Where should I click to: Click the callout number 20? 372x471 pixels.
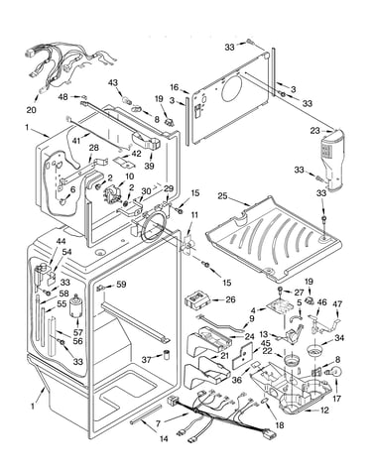(32, 109)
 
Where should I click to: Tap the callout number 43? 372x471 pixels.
(113, 82)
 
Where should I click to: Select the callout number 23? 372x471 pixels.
(315, 131)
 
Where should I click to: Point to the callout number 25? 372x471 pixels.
(222, 195)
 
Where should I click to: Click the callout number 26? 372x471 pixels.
(230, 299)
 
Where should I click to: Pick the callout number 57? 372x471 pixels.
(78, 332)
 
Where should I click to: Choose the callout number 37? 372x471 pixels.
(147, 359)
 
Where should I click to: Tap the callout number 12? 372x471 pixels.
(324, 411)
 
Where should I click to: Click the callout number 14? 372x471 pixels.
(164, 438)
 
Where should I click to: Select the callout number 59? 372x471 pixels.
(121, 284)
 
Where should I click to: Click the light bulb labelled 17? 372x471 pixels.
(335, 373)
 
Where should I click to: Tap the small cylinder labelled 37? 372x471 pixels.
(167, 355)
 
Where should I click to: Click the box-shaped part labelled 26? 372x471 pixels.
(197, 300)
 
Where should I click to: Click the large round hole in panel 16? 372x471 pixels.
(232, 88)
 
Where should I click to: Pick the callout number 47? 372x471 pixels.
(337, 303)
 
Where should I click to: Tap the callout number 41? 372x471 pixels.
(76, 140)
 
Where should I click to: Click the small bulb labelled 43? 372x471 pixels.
(126, 99)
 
